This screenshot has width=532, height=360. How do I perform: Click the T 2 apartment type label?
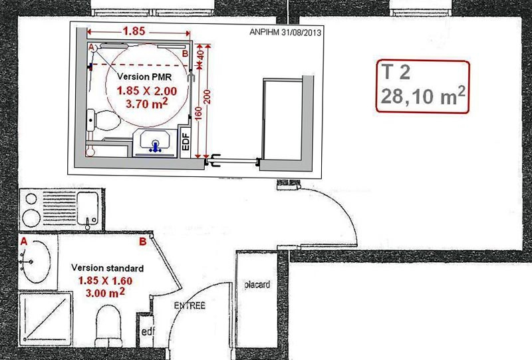coord(396,72)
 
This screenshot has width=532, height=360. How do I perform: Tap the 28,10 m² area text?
coord(423,96)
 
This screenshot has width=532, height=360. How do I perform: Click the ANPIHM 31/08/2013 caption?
coord(285,32)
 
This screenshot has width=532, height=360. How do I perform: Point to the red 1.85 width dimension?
coord(134,31)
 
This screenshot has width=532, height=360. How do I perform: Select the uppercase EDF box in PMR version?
coord(186,142)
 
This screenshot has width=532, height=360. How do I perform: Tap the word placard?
coord(257,284)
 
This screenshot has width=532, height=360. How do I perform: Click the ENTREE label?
coord(190,305)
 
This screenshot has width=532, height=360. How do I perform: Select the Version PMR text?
coord(144,77)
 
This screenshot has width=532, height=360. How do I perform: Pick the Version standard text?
coord(108,268)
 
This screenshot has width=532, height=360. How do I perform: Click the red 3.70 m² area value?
coord(147,103)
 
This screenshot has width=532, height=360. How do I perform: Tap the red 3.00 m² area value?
coord(105,292)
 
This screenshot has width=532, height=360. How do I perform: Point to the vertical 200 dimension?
coord(208,96)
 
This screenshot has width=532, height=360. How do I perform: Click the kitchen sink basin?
coord(88,208)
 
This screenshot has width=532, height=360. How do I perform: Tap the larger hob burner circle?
coord(32,218)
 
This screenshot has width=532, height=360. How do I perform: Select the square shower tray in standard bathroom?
coord(45,319)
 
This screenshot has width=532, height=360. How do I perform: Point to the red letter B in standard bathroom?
coord(143,242)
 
